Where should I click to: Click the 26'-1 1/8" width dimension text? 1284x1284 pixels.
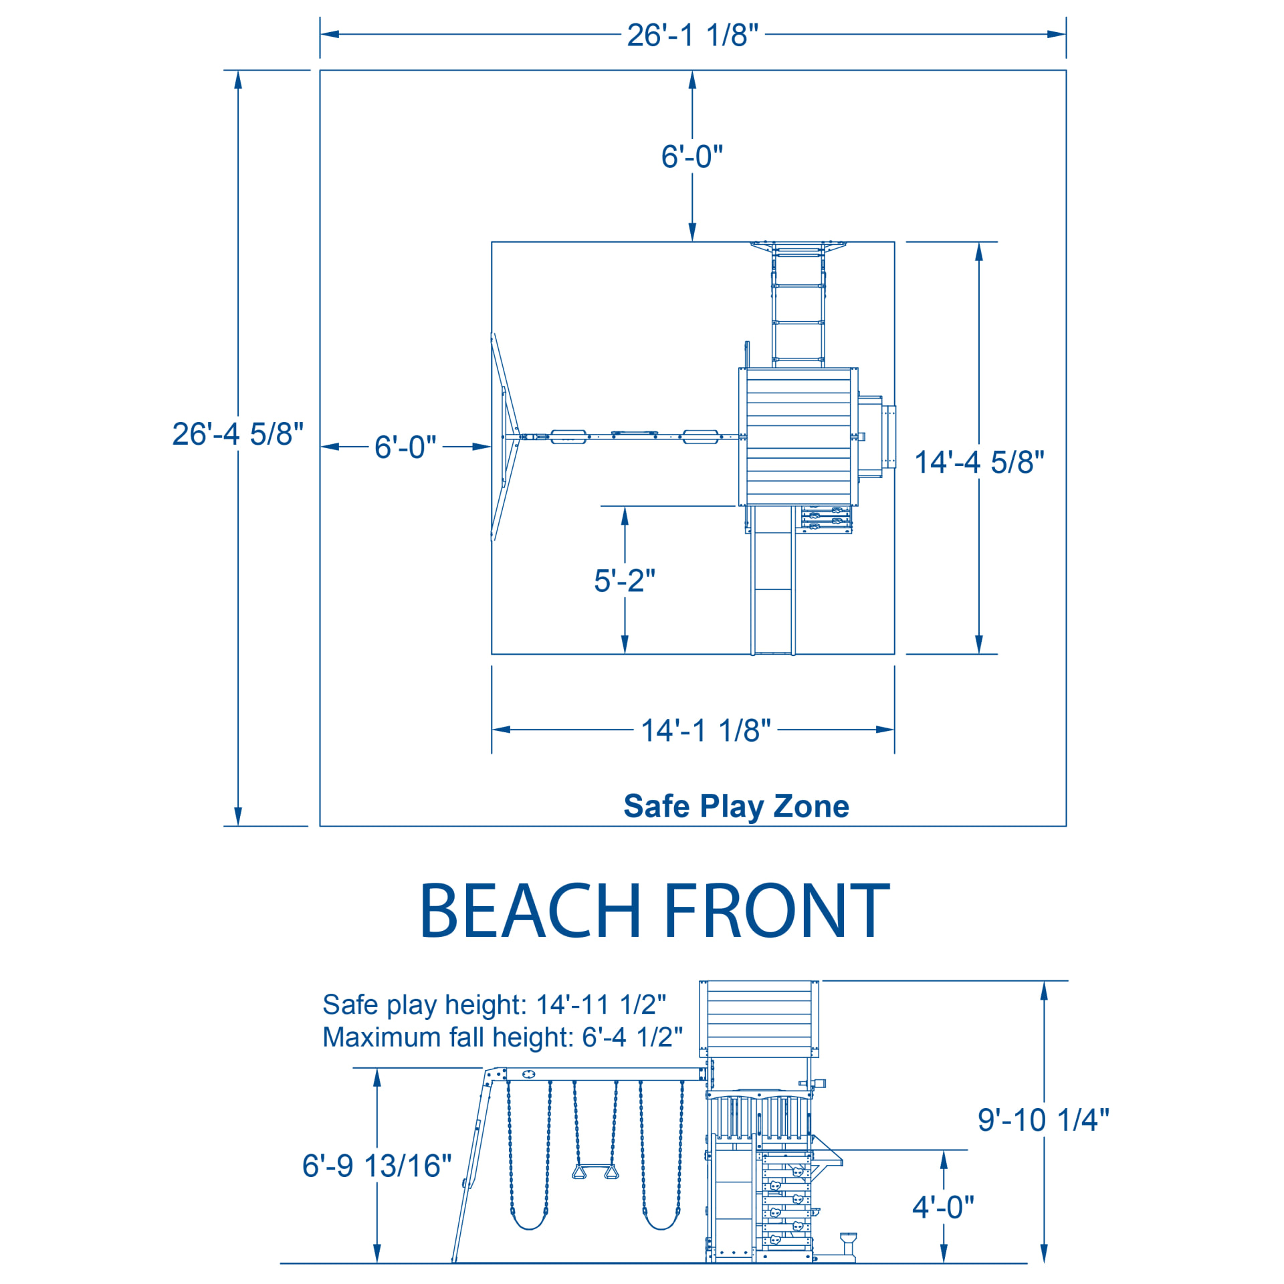point(692,35)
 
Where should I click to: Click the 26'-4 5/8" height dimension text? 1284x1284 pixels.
point(237,434)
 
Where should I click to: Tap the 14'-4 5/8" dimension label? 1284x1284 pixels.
point(978,462)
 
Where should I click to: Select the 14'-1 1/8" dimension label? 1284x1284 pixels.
point(706,730)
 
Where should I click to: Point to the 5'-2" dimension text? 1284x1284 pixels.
point(624,580)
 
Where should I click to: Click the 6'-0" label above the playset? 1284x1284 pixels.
point(691,156)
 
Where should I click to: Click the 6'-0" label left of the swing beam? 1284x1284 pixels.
point(405,447)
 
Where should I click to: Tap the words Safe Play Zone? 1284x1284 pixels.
point(736,806)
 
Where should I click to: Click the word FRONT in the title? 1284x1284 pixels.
point(776,911)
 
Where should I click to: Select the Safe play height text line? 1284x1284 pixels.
point(494,1004)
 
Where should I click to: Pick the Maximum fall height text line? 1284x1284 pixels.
point(502,1037)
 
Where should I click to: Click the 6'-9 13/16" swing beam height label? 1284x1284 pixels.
point(377,1166)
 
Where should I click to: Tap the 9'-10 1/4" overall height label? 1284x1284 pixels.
point(1043,1120)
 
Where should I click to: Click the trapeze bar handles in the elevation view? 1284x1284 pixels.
point(595,1172)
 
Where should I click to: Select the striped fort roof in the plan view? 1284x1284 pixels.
point(798,436)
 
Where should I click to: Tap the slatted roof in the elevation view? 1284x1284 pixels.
point(758,1018)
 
